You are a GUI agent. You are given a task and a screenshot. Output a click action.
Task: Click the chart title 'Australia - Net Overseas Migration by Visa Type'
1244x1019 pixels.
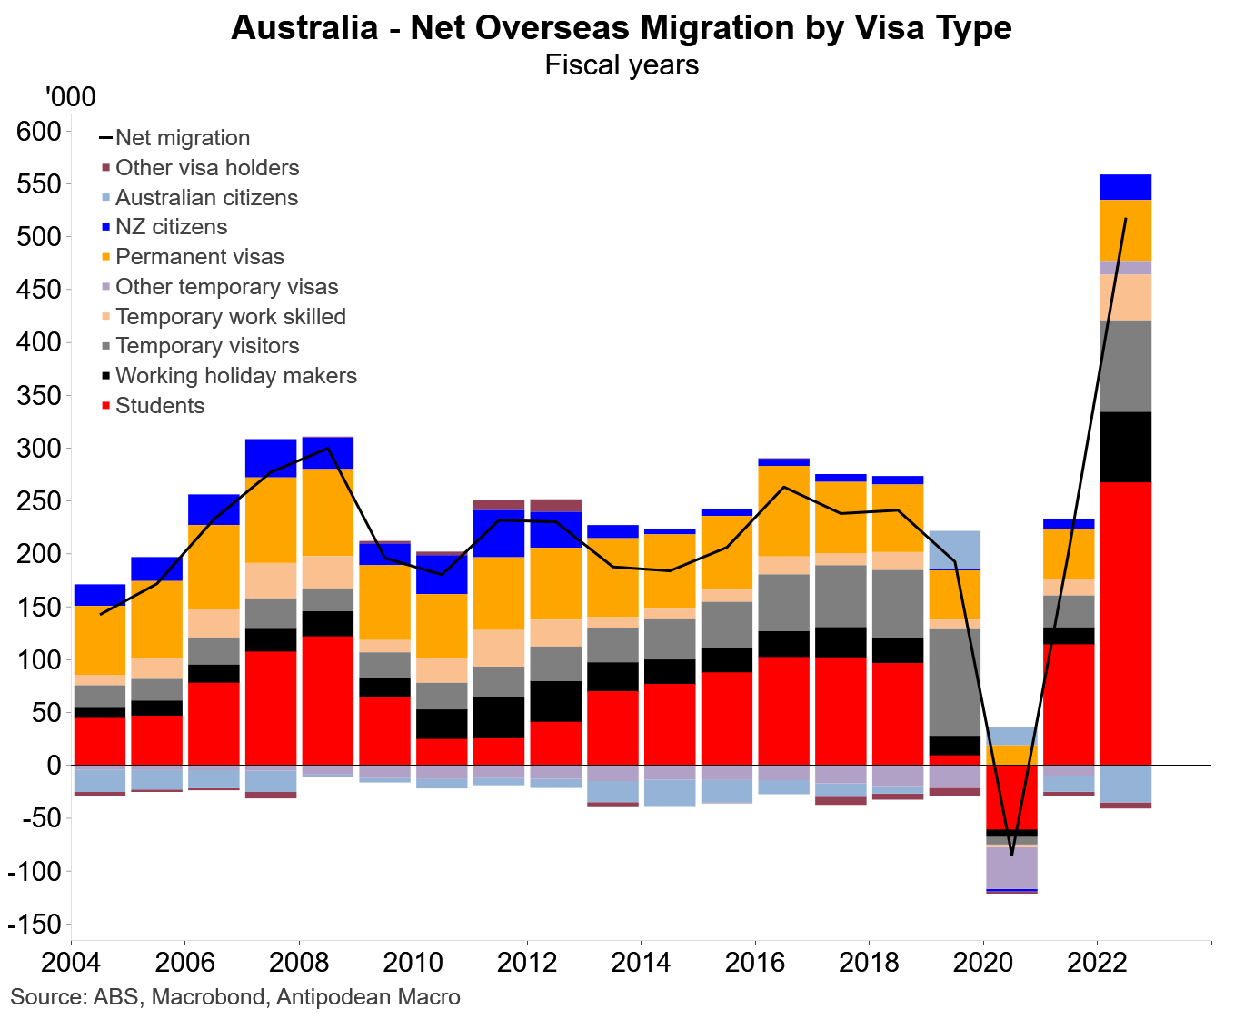(x=621, y=27)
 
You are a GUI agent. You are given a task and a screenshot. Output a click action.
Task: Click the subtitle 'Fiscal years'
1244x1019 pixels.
(x=622, y=65)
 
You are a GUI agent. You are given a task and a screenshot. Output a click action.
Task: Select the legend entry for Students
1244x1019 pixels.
(x=160, y=406)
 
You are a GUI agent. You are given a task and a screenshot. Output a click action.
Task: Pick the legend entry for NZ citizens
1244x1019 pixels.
(x=171, y=227)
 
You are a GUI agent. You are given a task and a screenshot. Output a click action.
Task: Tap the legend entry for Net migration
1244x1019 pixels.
(x=182, y=138)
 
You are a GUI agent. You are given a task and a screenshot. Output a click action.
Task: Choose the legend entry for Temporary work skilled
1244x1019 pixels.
(x=230, y=317)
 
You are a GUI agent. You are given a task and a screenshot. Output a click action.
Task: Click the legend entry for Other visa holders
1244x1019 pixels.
(x=206, y=168)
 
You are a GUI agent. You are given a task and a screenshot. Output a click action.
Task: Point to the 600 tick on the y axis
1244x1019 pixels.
(x=38, y=132)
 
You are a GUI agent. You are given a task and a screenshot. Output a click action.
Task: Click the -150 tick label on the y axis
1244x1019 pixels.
(x=35, y=925)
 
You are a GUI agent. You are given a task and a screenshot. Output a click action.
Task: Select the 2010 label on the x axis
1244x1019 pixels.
(x=413, y=963)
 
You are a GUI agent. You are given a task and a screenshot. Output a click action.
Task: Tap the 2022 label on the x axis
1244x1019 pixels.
(x=1097, y=963)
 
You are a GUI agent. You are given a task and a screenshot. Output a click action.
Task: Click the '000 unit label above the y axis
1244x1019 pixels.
(x=69, y=96)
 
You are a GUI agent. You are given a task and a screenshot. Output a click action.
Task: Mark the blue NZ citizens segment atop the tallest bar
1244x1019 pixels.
(x=1125, y=187)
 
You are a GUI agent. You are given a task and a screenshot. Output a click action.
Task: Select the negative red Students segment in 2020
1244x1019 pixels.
(x=1011, y=797)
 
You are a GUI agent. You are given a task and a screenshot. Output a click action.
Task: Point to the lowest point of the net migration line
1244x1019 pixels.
(x=1011, y=855)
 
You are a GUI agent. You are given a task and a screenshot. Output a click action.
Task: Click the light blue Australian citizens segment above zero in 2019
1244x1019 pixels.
(x=954, y=549)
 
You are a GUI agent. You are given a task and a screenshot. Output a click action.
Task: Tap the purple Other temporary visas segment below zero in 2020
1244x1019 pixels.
(x=1011, y=868)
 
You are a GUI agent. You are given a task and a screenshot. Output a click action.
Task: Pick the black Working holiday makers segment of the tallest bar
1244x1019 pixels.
(x=1125, y=447)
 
